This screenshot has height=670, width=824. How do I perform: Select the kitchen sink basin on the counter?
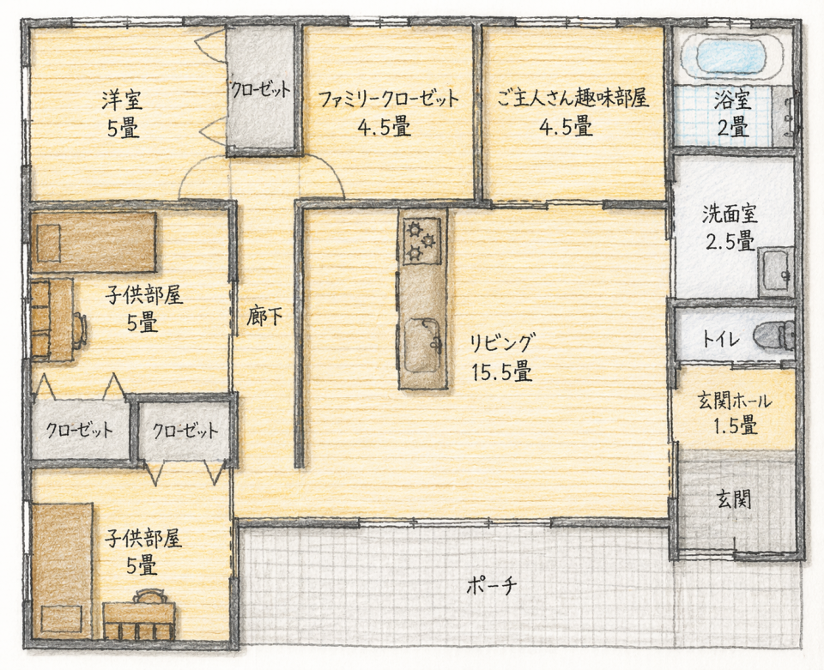click(x=421, y=345)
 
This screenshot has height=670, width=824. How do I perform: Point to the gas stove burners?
click(x=421, y=241)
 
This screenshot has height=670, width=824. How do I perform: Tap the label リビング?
click(x=502, y=344)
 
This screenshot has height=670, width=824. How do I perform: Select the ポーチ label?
click(x=491, y=585)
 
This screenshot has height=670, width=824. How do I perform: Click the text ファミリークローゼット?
click(x=388, y=99)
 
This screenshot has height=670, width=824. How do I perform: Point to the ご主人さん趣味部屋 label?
click(x=573, y=98)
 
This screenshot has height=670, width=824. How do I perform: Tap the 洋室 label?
click(x=122, y=100)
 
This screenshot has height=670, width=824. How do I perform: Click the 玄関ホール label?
click(x=735, y=401)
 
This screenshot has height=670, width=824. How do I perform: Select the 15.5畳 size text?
click(x=501, y=372)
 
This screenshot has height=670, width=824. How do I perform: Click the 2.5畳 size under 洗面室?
click(x=730, y=242)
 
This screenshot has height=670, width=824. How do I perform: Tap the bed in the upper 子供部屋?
click(x=94, y=242)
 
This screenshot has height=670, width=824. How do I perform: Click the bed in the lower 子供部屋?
click(x=63, y=570)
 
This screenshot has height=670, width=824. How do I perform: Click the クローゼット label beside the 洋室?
click(x=260, y=90)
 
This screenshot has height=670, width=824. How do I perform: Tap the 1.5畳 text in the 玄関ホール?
click(x=736, y=426)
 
